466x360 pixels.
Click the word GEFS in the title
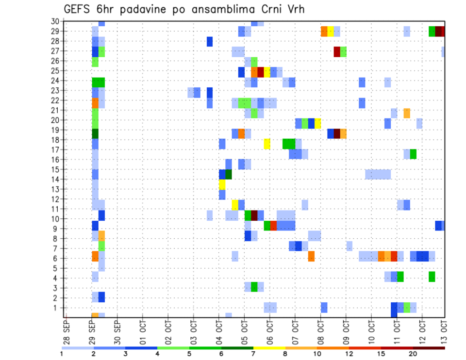coord(79,9)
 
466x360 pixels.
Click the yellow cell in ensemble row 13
coord(222,184)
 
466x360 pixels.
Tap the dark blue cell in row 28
coord(209,41)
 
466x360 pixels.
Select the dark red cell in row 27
coord(337,51)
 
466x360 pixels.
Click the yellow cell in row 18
coord(266,144)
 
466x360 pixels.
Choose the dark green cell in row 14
coord(228,174)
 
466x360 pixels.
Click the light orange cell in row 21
coord(406,113)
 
